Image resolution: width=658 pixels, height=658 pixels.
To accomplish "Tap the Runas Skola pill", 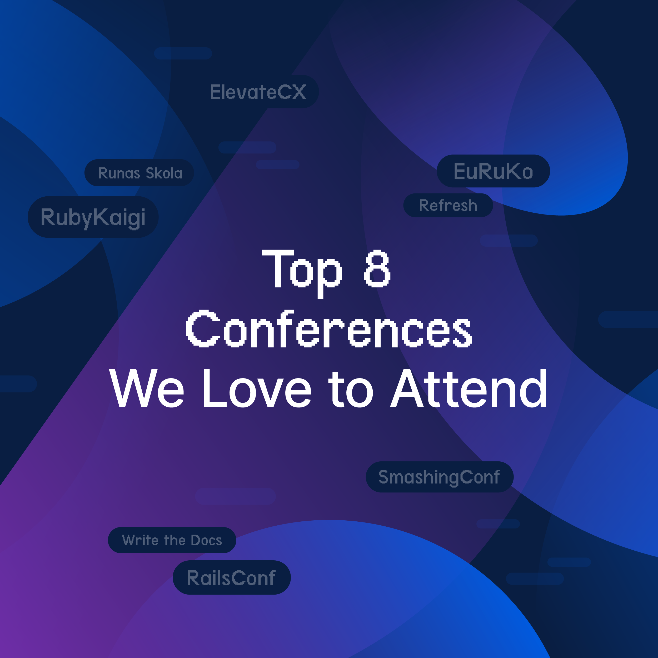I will [140, 173].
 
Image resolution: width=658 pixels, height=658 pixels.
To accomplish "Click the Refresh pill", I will [448, 205].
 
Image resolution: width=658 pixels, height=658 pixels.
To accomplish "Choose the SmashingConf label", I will [439, 477].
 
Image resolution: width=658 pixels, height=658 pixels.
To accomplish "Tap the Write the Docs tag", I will [172, 540].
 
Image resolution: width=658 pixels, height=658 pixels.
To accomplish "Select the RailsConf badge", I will [231, 578].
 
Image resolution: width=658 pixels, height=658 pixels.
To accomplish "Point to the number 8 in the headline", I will [377, 269].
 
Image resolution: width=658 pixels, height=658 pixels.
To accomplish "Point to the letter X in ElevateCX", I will [299, 92].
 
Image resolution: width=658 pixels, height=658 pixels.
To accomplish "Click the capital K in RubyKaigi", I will [101, 217].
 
